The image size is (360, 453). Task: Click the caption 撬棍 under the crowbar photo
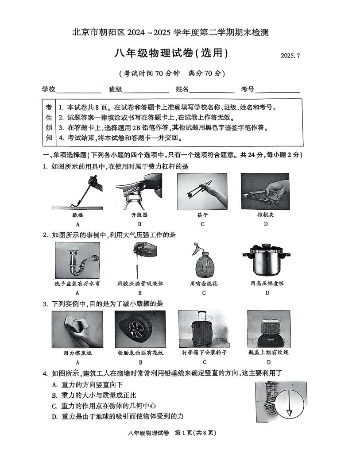point(77,215)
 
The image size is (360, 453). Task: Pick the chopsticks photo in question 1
point(202,191)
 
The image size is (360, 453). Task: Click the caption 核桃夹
point(266,215)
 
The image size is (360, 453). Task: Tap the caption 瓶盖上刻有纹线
point(268,353)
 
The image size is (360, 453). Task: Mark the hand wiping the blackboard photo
point(77,329)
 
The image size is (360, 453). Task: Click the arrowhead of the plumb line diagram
point(290,412)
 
